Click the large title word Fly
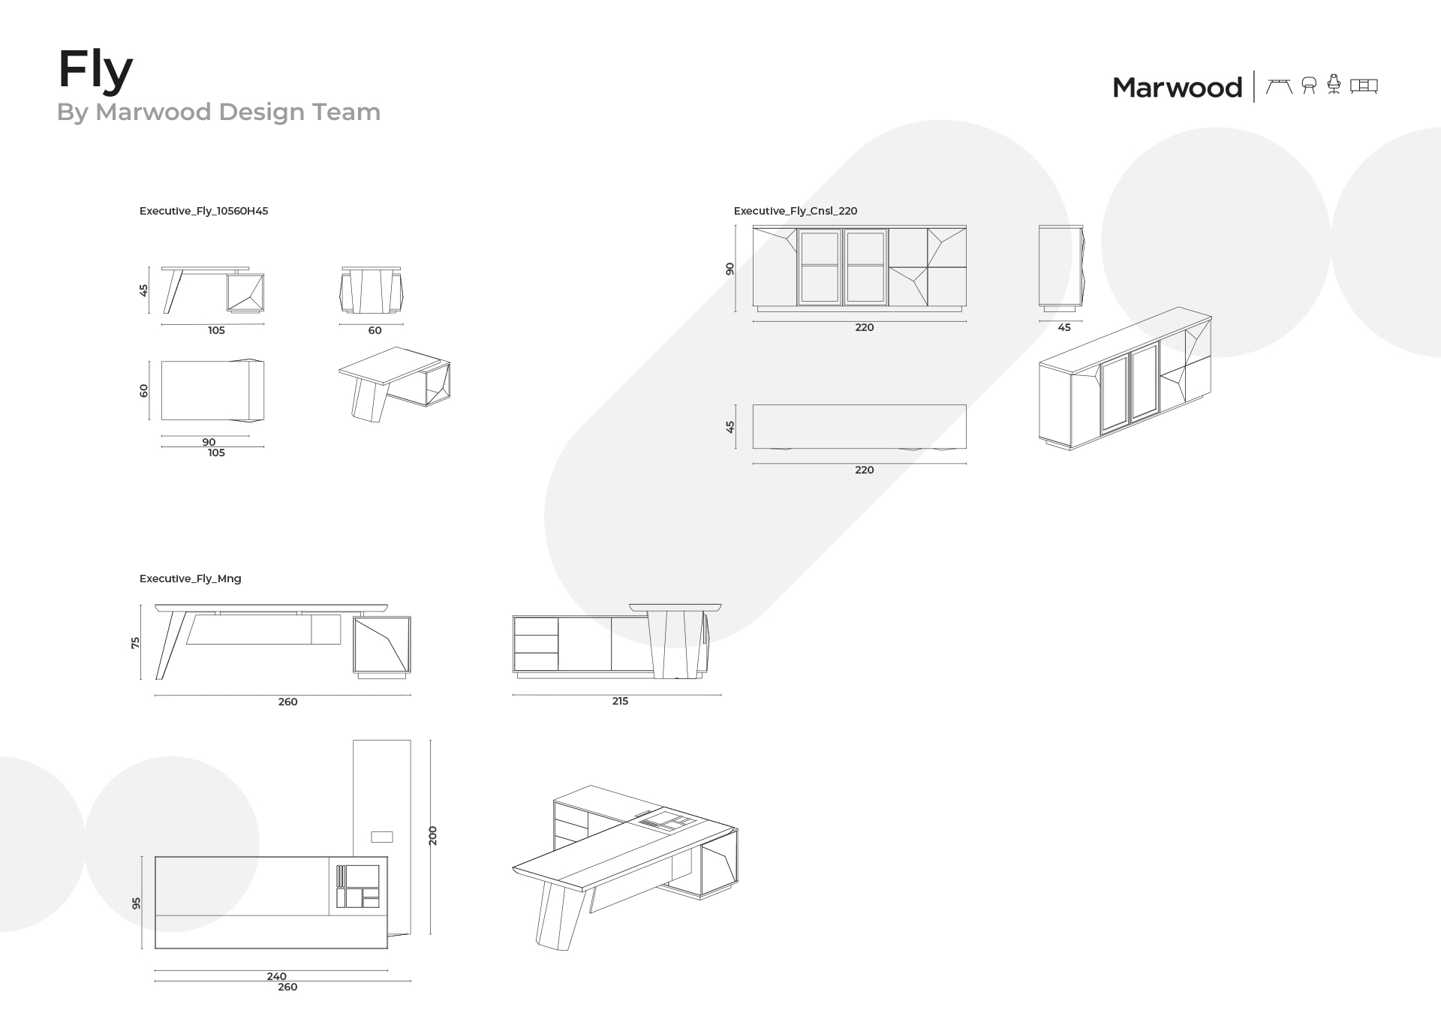(95, 72)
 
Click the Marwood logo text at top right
(1177, 88)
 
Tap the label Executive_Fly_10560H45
(203, 211)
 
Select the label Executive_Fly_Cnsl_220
(796, 211)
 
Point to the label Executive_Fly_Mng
(191, 579)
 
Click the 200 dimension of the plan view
(433, 836)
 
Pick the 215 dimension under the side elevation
(620, 701)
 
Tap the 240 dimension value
(276, 976)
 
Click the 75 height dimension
(136, 642)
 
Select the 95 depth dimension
(137, 903)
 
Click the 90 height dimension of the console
(730, 269)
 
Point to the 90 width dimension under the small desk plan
(209, 442)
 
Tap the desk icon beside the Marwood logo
(1279, 86)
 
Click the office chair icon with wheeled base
(1334, 84)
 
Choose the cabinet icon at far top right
(1364, 86)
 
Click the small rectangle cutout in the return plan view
(382, 837)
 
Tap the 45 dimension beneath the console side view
(1064, 327)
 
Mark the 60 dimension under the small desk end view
(375, 330)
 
